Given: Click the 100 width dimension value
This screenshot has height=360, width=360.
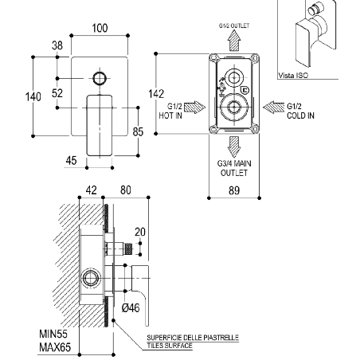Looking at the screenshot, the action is (100, 28).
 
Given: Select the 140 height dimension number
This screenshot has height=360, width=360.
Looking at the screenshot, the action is (33, 97).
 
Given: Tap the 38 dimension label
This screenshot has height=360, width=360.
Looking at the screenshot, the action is (57, 45).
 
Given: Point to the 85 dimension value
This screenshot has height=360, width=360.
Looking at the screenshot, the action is (138, 131).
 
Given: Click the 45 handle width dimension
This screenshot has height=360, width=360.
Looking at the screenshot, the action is (71, 160).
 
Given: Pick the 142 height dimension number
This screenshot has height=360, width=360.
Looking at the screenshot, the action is (156, 94).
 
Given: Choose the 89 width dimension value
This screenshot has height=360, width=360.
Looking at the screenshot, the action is (234, 190).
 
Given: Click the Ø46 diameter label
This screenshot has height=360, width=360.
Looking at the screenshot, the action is (131, 308).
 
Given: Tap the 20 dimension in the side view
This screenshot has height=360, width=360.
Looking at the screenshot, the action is (140, 232).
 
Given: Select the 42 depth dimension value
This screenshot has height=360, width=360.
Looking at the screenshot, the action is (91, 190).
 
